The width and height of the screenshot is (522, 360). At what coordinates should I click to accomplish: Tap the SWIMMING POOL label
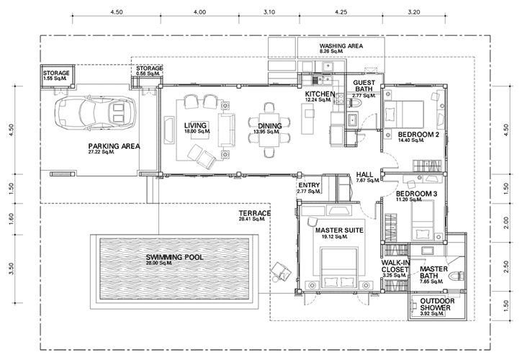pyautogui.click(x=174, y=257)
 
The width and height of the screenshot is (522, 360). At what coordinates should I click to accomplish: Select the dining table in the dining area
pyautogui.click(x=269, y=130)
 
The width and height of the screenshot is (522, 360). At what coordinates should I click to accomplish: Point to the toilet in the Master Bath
pyautogui.click(x=456, y=276)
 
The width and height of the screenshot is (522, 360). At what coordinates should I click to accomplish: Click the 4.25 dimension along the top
pyautogui.click(x=341, y=12)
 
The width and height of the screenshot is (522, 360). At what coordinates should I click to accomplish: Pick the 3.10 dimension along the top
pyautogui.click(x=269, y=12)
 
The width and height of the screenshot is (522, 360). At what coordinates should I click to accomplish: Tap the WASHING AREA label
pyautogui.click(x=341, y=46)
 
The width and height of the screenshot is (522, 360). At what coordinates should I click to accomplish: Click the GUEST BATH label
pyautogui.click(x=364, y=86)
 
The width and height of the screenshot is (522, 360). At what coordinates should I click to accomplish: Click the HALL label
pyautogui.click(x=364, y=174)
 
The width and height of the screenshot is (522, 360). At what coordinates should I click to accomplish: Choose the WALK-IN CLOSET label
pyautogui.click(x=396, y=266)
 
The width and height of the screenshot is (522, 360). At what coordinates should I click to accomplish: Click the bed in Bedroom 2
pyautogui.click(x=404, y=114)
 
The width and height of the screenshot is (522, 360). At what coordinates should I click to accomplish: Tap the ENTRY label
pyautogui.click(x=309, y=185)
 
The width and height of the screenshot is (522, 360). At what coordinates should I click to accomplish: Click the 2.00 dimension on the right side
pyautogui.click(x=506, y=222)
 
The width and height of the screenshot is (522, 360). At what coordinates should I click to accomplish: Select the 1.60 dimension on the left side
pyautogui.click(x=11, y=219)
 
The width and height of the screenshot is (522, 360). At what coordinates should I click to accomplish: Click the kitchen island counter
pyautogui.click(x=308, y=119)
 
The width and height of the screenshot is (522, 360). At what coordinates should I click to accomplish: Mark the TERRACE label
pyautogui.click(x=255, y=213)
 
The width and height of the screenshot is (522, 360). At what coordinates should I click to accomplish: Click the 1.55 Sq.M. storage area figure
pyautogui.click(x=55, y=78)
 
